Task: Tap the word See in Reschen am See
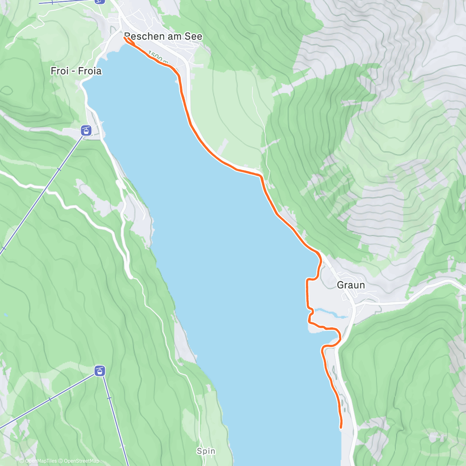tap(194, 37)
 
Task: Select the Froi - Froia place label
tap(76, 71)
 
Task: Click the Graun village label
tap(351, 285)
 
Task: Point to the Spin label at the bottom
tap(206, 451)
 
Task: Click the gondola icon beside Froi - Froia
tap(86, 130)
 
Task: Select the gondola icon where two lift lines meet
tap(100, 371)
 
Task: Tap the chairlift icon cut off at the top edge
tap(100, 1)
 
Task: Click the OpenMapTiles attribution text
tap(40, 461)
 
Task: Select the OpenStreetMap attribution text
tap(81, 461)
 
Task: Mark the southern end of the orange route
tap(341, 428)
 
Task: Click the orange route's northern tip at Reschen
tap(125, 38)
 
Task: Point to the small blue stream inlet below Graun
tap(330, 313)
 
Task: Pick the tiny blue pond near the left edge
tap(5, 314)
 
